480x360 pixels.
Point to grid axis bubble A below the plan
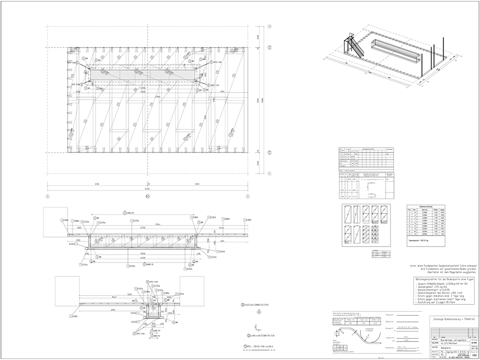47,196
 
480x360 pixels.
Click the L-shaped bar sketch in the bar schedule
373,187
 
